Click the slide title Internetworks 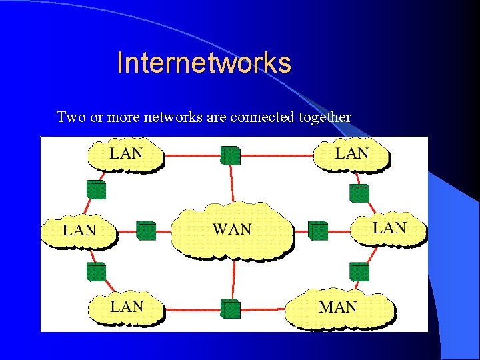click(203, 63)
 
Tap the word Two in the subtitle click(70, 117)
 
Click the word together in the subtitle click(325, 117)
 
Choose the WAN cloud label click(232, 229)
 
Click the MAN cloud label click(338, 307)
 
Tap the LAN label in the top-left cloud click(126, 153)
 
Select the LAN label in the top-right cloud click(351, 153)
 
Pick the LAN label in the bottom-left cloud click(127, 307)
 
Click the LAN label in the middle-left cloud click(79, 231)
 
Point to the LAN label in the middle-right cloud click(389, 228)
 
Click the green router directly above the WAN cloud click(230, 155)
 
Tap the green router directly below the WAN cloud click(230, 308)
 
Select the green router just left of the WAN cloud click(145, 231)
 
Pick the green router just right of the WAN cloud click(318, 231)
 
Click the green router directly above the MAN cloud click(359, 271)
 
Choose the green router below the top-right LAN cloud click(359, 193)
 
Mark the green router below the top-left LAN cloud click(96, 189)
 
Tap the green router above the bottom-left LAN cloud click(96, 271)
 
